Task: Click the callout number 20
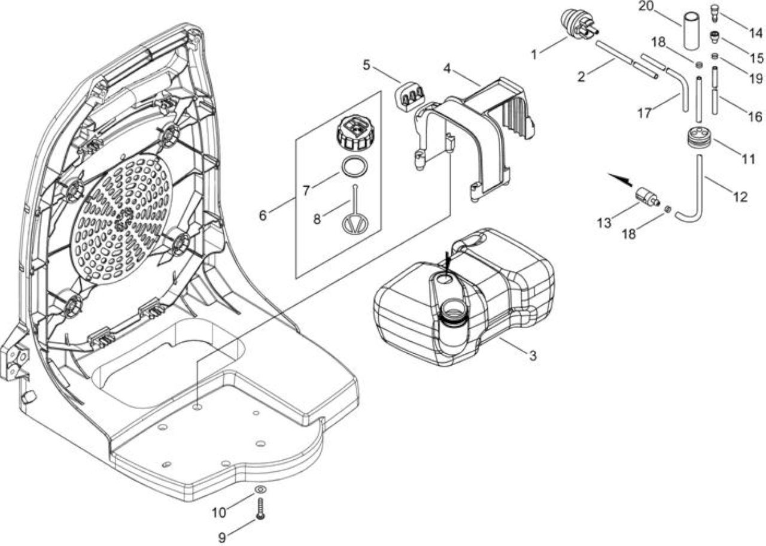pyautogui.click(x=646, y=7)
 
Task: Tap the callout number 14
pyautogui.click(x=756, y=33)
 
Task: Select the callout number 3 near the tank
pyautogui.click(x=533, y=356)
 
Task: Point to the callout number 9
pyautogui.click(x=222, y=538)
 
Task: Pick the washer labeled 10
pyautogui.click(x=260, y=489)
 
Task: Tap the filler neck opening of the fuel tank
pyautogui.click(x=453, y=311)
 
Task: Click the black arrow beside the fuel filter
pyautogui.click(x=619, y=179)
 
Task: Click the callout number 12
pyautogui.click(x=740, y=197)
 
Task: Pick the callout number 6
pyautogui.click(x=263, y=216)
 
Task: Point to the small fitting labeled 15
pyautogui.click(x=713, y=37)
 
